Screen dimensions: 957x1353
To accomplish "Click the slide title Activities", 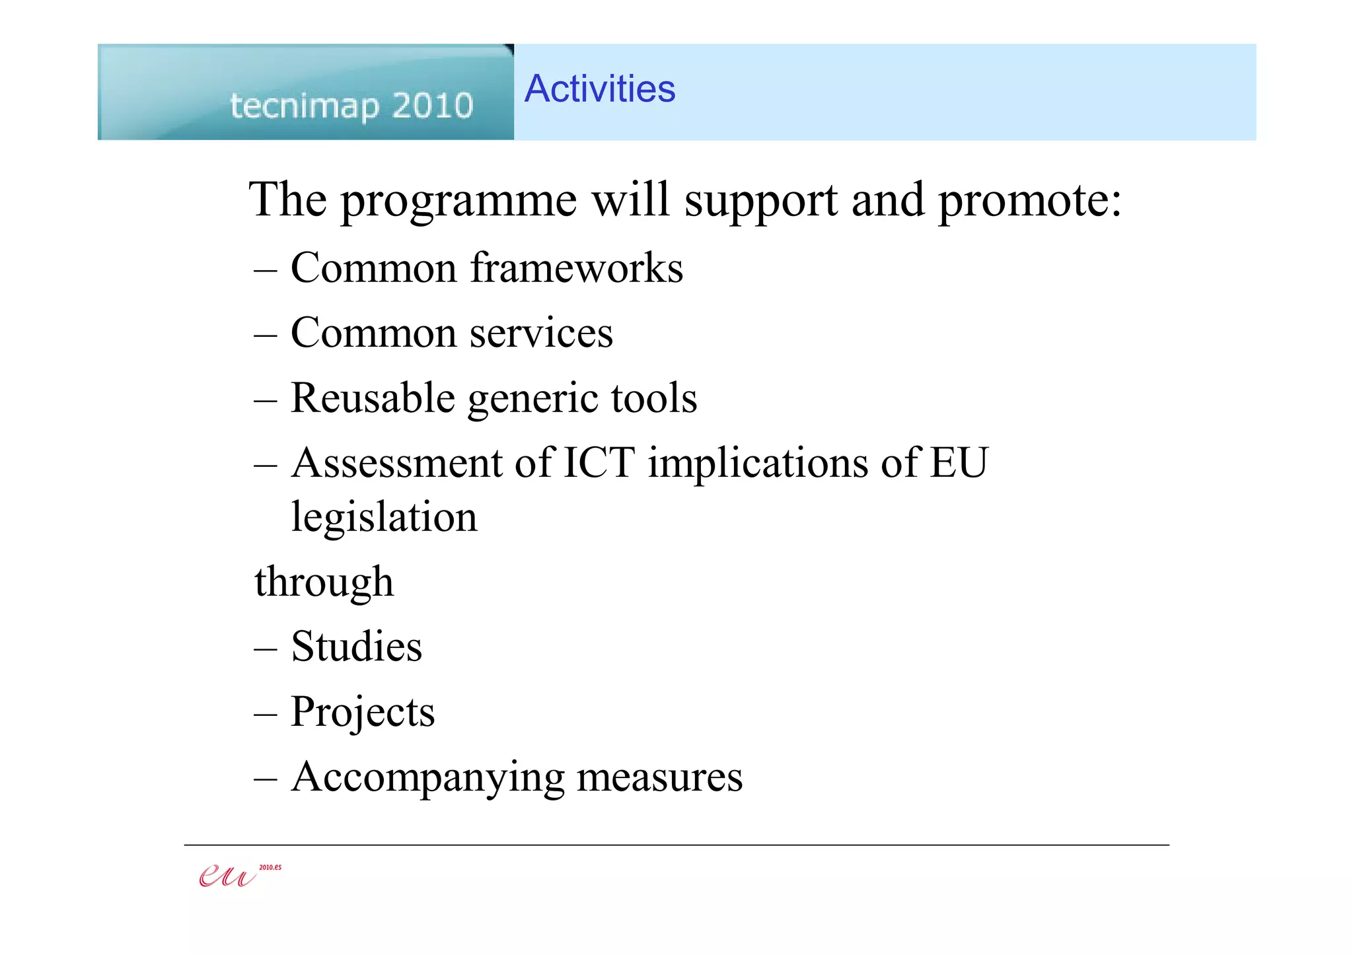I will [x=600, y=89].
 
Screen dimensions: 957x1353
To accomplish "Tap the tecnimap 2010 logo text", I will [x=351, y=106].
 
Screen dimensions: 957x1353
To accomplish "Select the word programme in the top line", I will [x=458, y=201].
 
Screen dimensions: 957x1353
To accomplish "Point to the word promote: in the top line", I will [x=1029, y=201].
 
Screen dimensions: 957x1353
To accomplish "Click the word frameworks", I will [x=576, y=268].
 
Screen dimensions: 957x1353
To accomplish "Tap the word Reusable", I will [x=373, y=398].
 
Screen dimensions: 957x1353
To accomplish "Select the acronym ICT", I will [x=599, y=462].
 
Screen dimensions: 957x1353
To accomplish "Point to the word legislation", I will [x=384, y=517].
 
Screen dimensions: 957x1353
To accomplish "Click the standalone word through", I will [x=324, y=582].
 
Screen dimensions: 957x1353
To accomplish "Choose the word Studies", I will [x=356, y=647].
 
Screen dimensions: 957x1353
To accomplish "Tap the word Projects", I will [x=363, y=712].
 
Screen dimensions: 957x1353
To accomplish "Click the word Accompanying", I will [x=427, y=777].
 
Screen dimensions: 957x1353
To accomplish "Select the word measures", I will [x=659, y=777].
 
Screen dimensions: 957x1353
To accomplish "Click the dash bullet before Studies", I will [x=265, y=649].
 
